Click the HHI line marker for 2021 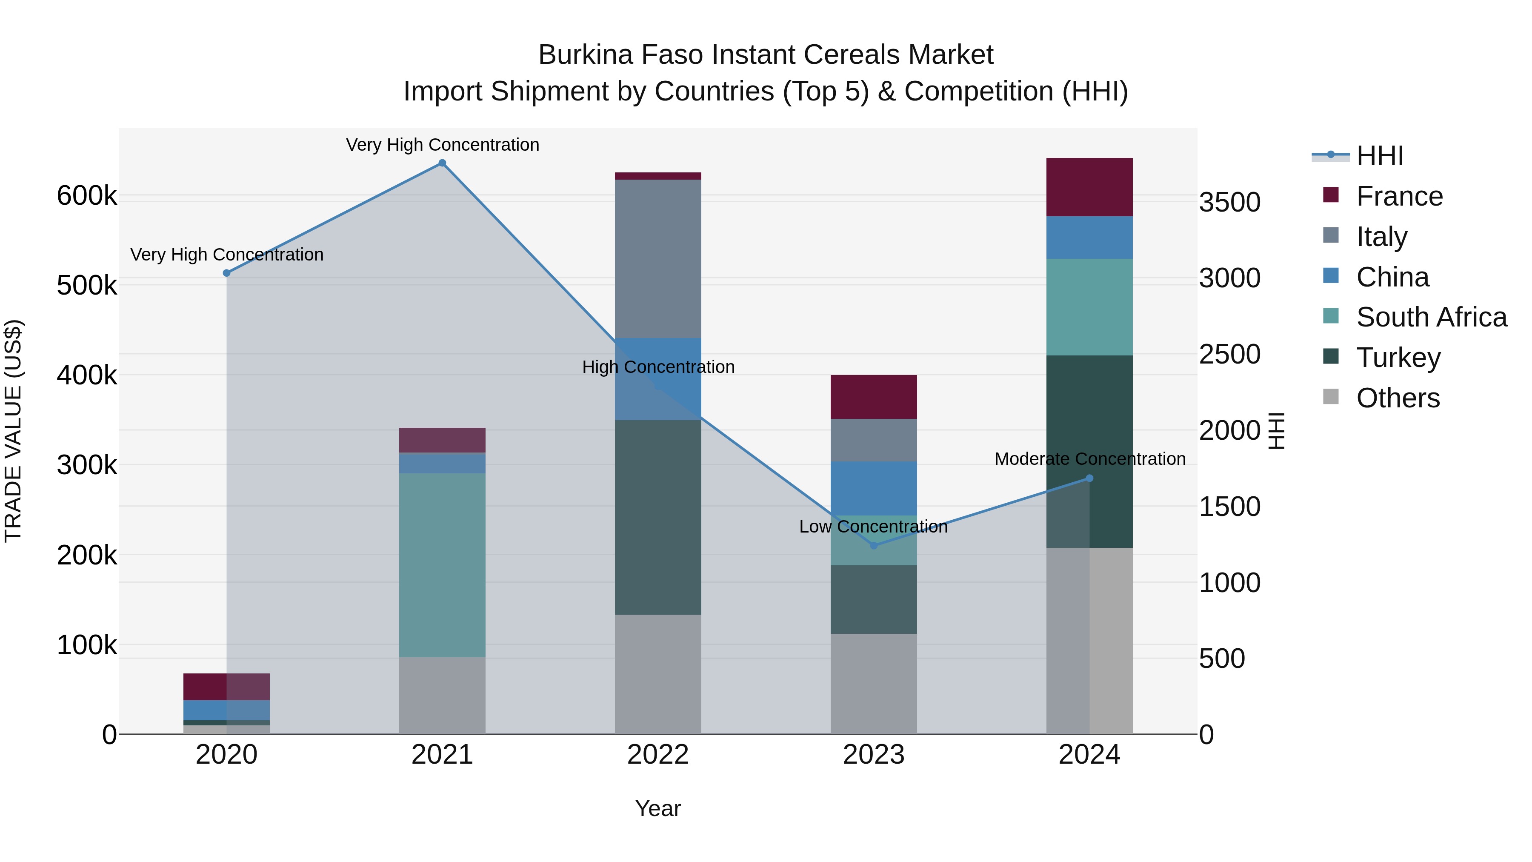coord(442,163)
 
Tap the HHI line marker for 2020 coord(226,273)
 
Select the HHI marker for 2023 coord(874,546)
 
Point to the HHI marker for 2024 coord(1089,478)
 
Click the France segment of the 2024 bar coord(1089,187)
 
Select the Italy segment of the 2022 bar coord(658,259)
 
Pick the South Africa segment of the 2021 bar coord(442,565)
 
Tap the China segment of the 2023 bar coord(874,488)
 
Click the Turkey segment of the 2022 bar coord(658,518)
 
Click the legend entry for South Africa coord(1432,317)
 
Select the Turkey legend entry coord(1398,358)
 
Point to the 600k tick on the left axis coord(87,196)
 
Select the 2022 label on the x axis coord(658,755)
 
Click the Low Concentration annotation coord(873,527)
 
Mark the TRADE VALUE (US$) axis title coord(14,431)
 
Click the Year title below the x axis coord(658,808)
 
